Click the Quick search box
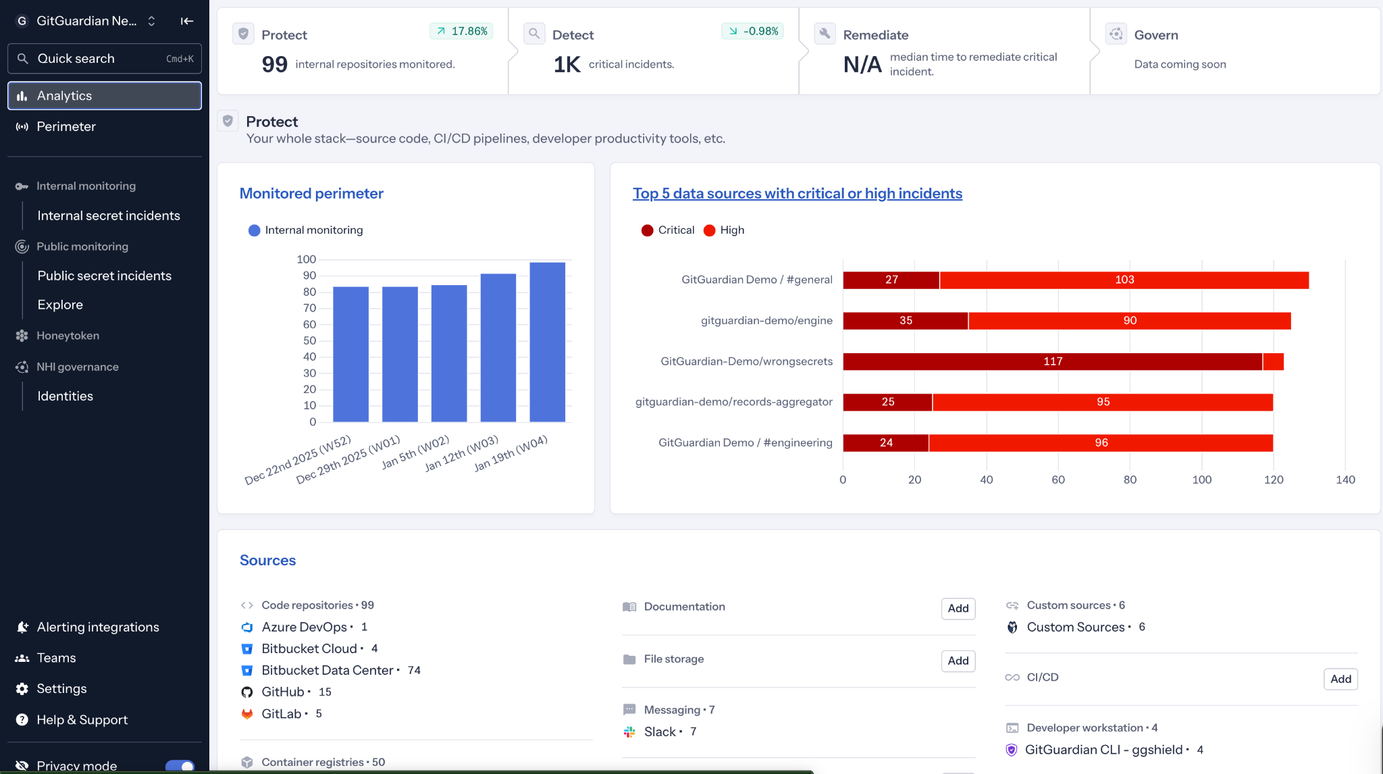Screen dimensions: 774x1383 click(x=105, y=59)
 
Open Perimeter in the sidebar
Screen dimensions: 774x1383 click(x=66, y=126)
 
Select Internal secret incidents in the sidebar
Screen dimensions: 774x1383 click(x=109, y=215)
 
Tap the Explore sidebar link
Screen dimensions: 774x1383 click(x=60, y=305)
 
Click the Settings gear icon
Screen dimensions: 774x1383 click(x=22, y=689)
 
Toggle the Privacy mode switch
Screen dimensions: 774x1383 click(x=180, y=766)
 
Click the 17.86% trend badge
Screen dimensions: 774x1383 click(x=462, y=31)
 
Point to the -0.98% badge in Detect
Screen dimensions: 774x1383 click(x=753, y=31)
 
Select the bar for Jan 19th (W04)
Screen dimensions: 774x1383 click(x=547, y=342)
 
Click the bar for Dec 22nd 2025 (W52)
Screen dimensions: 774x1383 click(x=350, y=354)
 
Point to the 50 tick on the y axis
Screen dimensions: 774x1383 click(x=309, y=340)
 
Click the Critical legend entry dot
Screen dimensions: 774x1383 click(x=647, y=230)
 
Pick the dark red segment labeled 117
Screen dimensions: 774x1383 click(x=1052, y=361)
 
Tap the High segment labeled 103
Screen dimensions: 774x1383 click(x=1124, y=280)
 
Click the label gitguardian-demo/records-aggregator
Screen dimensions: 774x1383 click(x=733, y=402)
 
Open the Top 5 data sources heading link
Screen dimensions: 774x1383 click(x=797, y=193)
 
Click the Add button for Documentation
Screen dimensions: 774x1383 click(x=958, y=609)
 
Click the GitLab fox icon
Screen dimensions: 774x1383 click(x=247, y=714)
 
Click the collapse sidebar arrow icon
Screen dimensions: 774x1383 click(x=187, y=21)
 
